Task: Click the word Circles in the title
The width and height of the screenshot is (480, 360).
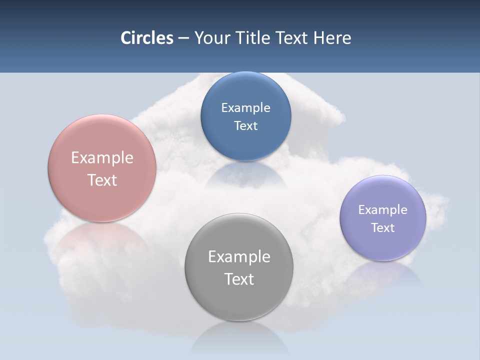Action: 147,38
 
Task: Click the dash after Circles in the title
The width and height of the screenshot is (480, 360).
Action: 183,38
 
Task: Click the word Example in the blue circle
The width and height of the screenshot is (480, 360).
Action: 245,107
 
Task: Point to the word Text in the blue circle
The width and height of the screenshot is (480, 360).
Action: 245,125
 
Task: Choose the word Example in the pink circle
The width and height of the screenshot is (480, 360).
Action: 102,157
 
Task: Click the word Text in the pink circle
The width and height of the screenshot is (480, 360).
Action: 102,180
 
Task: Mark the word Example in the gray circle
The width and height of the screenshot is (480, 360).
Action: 239,256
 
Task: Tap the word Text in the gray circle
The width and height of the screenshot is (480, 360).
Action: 239,279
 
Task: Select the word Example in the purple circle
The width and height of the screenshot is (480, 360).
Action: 383,209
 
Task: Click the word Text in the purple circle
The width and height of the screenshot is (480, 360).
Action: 383,227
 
